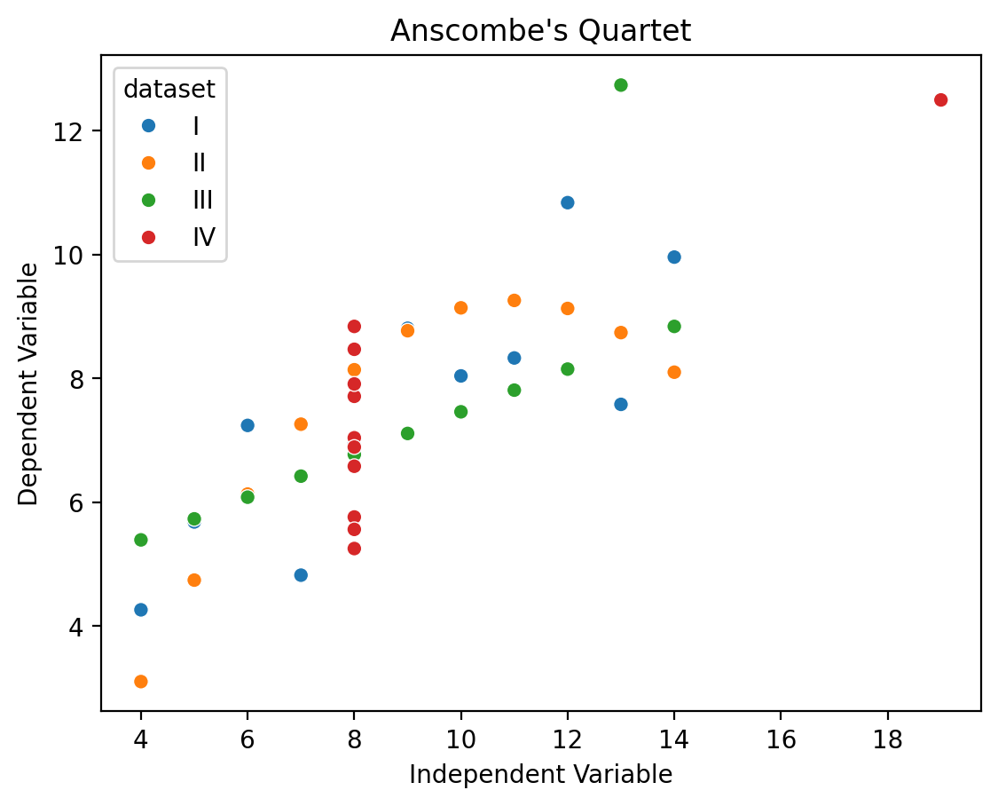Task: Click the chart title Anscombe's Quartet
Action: coord(540,30)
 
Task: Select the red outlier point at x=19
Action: coord(940,100)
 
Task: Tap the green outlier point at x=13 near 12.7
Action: coord(621,85)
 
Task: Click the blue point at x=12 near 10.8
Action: coord(567,202)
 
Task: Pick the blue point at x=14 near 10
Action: coord(674,257)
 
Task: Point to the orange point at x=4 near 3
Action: coord(141,682)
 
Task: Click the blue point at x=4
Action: coord(141,610)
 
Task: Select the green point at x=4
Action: coord(141,540)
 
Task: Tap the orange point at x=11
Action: coord(515,301)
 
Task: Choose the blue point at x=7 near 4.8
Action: coord(301,575)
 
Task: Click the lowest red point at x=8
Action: coord(355,549)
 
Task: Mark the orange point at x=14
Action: coord(674,373)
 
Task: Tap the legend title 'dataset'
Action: coord(169,89)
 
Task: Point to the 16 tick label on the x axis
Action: coord(781,739)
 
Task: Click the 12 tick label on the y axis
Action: coord(68,131)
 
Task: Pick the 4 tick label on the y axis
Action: coord(75,627)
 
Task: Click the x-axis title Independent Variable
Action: coord(540,775)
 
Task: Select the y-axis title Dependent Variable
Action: coord(28,383)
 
